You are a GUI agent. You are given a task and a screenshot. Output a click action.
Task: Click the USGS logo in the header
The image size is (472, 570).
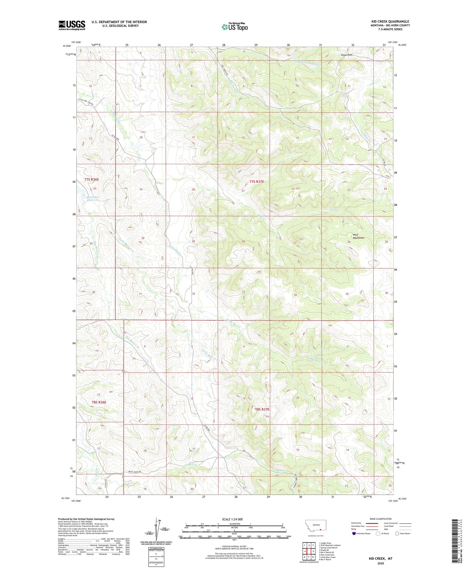click(72, 25)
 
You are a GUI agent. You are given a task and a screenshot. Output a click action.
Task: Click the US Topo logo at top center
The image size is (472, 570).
click(235, 27)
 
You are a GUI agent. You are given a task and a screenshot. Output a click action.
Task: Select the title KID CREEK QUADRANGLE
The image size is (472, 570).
click(390, 22)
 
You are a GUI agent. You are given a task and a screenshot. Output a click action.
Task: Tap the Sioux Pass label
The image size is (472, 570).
click(345, 55)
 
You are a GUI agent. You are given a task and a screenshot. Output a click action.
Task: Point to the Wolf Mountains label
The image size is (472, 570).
click(358, 236)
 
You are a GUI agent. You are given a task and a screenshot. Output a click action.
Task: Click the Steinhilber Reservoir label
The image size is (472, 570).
click(92, 198)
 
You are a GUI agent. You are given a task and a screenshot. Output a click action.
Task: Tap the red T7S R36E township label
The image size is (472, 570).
click(91, 180)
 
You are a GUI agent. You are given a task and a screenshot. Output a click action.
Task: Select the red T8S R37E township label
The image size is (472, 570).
click(262, 409)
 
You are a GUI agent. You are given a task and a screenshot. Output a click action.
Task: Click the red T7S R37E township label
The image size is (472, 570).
click(256, 182)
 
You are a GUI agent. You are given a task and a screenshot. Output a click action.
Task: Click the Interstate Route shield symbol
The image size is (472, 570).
click(354, 533)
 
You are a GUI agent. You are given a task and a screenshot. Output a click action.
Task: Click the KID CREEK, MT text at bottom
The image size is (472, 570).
click(381, 559)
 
